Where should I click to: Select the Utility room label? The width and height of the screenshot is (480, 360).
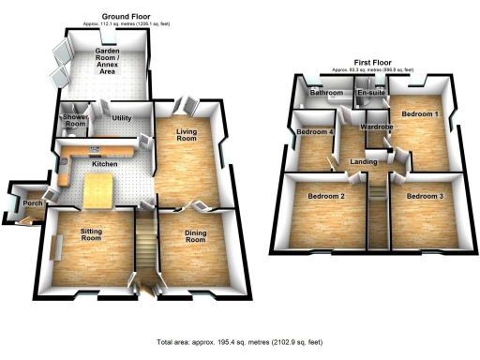(122, 117)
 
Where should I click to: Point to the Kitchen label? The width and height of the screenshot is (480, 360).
(104, 164)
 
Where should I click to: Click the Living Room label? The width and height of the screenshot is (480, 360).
(188, 139)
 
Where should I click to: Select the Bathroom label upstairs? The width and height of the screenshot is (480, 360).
(325, 94)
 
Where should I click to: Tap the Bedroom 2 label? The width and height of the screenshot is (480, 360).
(323, 196)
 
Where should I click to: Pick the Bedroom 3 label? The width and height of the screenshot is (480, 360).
(424, 196)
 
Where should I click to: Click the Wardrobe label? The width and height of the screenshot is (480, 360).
(375, 126)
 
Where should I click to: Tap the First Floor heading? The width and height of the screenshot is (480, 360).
(372, 63)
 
